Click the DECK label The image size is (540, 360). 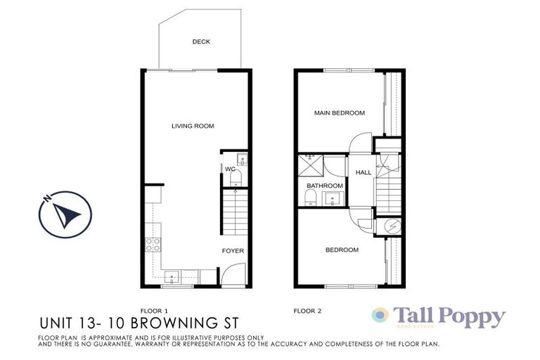201,41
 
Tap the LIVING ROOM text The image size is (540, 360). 192,126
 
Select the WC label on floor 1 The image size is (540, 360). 229,169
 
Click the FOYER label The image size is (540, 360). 232,250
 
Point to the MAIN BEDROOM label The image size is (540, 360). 339,113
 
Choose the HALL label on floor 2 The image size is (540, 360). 364,172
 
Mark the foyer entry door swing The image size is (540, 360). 231,275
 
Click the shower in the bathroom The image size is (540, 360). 309,165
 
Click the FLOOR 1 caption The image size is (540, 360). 155,310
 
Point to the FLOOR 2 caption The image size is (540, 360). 307,310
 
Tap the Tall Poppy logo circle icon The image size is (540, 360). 380,316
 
